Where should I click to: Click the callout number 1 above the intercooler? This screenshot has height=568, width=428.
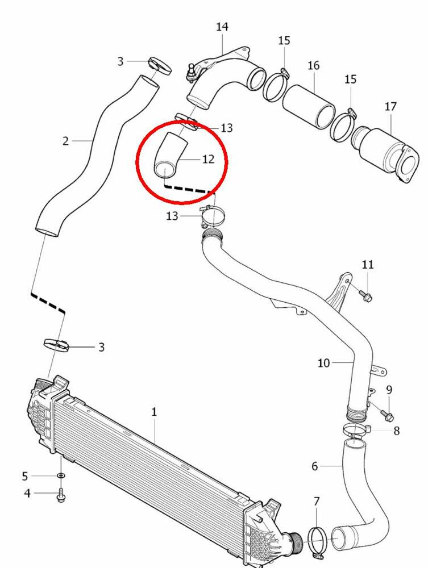point(154,412)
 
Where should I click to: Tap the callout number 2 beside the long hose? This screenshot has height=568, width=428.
point(66,140)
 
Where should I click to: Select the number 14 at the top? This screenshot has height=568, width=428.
point(222,26)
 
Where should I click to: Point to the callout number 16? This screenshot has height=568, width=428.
point(314,65)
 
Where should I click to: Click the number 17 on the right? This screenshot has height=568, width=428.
point(390,106)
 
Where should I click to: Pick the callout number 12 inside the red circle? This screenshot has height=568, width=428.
point(209,159)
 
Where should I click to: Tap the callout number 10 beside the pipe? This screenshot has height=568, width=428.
point(323,362)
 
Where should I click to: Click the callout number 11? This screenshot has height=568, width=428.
point(368,264)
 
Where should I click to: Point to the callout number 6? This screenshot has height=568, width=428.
point(315,466)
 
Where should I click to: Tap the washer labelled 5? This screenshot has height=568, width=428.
point(61,475)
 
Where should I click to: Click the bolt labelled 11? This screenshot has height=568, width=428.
point(365,295)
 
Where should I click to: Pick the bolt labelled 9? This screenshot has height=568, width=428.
point(388,417)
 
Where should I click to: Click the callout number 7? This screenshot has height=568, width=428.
point(317,502)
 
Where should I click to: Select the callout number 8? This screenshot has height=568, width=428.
point(396,431)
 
